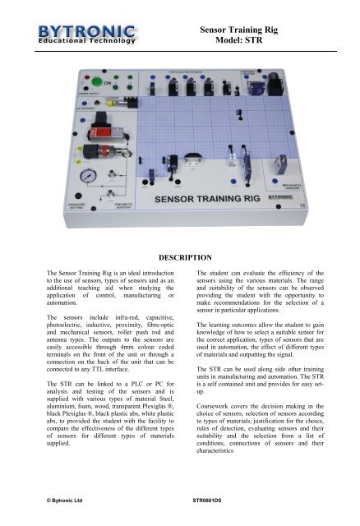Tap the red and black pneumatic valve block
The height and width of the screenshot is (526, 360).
click(102, 131)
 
